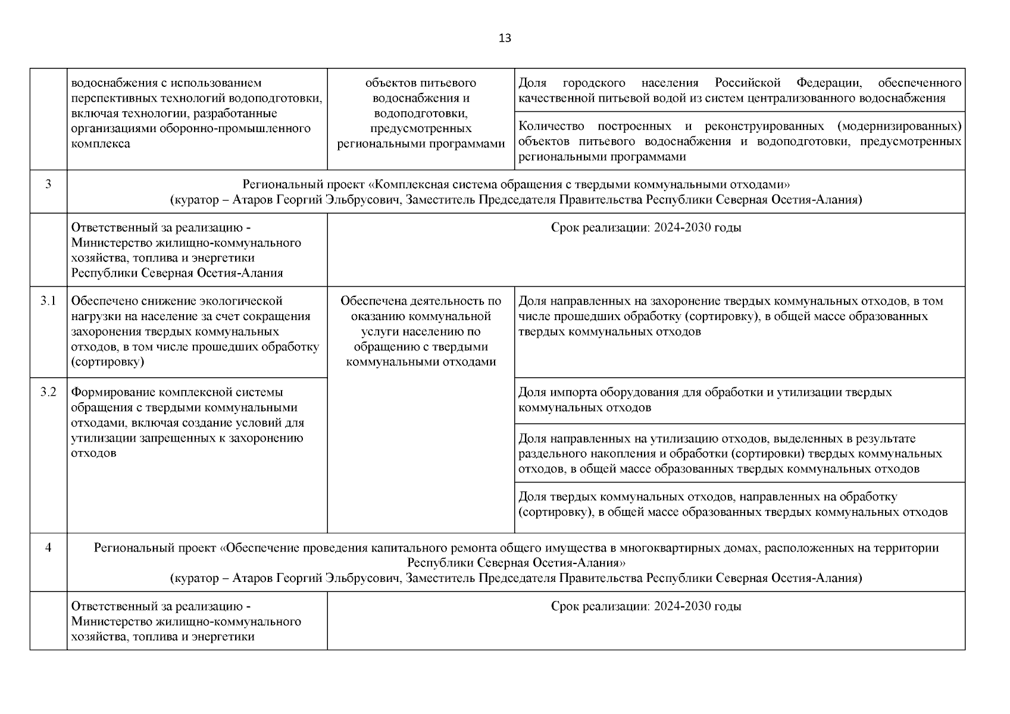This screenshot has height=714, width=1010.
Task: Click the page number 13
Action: tap(504, 39)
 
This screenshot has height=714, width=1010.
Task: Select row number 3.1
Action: tap(48, 301)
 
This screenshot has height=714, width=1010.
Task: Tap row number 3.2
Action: tap(48, 392)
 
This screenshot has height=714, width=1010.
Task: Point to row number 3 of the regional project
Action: tap(48, 184)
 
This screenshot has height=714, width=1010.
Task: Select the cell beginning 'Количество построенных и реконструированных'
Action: tap(739, 142)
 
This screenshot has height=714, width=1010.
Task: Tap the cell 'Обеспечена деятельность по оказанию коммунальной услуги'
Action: tap(421, 331)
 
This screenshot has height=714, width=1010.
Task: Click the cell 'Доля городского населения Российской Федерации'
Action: tap(739, 90)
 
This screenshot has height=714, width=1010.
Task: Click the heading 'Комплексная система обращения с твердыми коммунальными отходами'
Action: tap(516, 184)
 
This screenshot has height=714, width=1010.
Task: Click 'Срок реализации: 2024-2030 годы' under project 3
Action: tap(646, 228)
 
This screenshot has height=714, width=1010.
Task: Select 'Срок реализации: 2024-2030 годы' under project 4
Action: tap(646, 607)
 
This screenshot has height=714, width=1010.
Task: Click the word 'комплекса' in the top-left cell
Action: tap(101, 144)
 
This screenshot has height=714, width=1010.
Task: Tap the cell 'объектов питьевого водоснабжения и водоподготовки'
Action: tap(421, 114)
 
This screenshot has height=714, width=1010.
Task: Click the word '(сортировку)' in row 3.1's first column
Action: tap(107, 362)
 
